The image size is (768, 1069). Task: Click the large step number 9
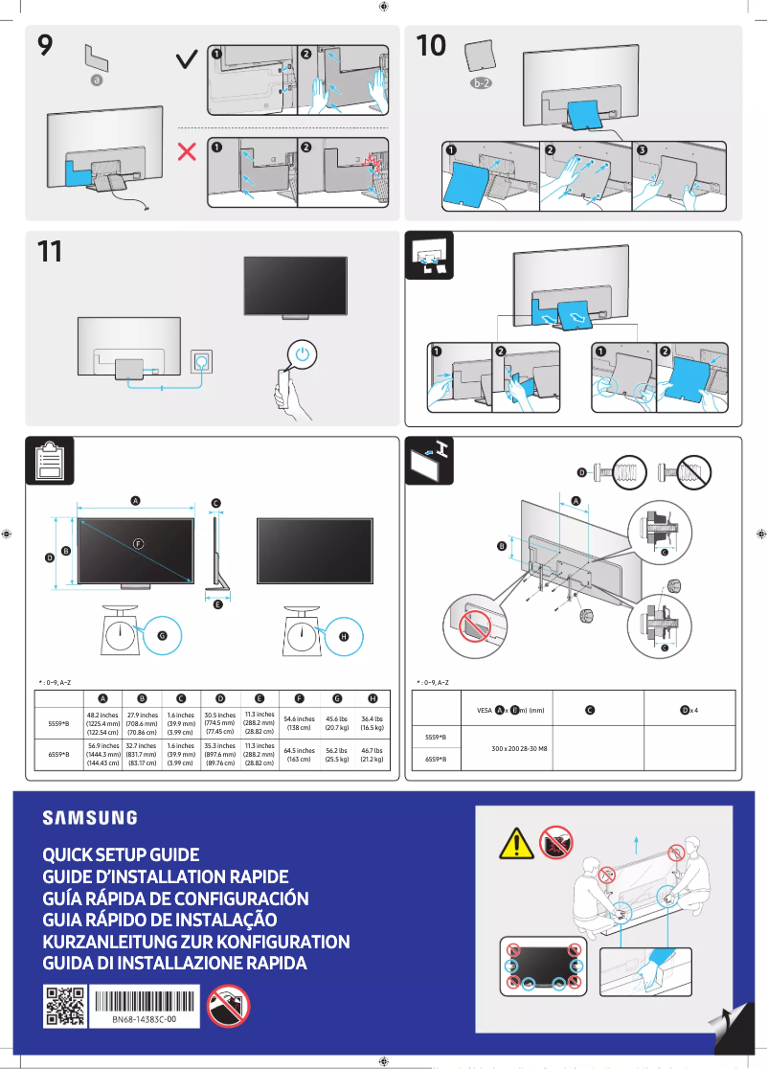tap(45, 45)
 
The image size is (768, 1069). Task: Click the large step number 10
tap(432, 45)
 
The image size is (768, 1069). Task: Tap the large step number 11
tap(49, 252)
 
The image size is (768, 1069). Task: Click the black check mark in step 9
tap(189, 61)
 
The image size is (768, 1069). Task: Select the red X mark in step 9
tap(189, 151)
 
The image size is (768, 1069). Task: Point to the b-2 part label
tap(481, 84)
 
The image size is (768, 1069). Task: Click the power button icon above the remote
tap(303, 353)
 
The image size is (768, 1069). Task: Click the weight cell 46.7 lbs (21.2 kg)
tap(373, 755)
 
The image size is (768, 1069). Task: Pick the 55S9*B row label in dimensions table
tap(59, 723)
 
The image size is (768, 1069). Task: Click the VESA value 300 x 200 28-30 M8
tap(518, 748)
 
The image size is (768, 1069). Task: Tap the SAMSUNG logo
tap(89, 817)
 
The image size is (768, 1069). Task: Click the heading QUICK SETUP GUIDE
tap(121, 854)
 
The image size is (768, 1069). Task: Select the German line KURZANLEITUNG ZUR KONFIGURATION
tap(196, 942)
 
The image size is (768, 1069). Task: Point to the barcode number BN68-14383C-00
tap(143, 1021)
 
